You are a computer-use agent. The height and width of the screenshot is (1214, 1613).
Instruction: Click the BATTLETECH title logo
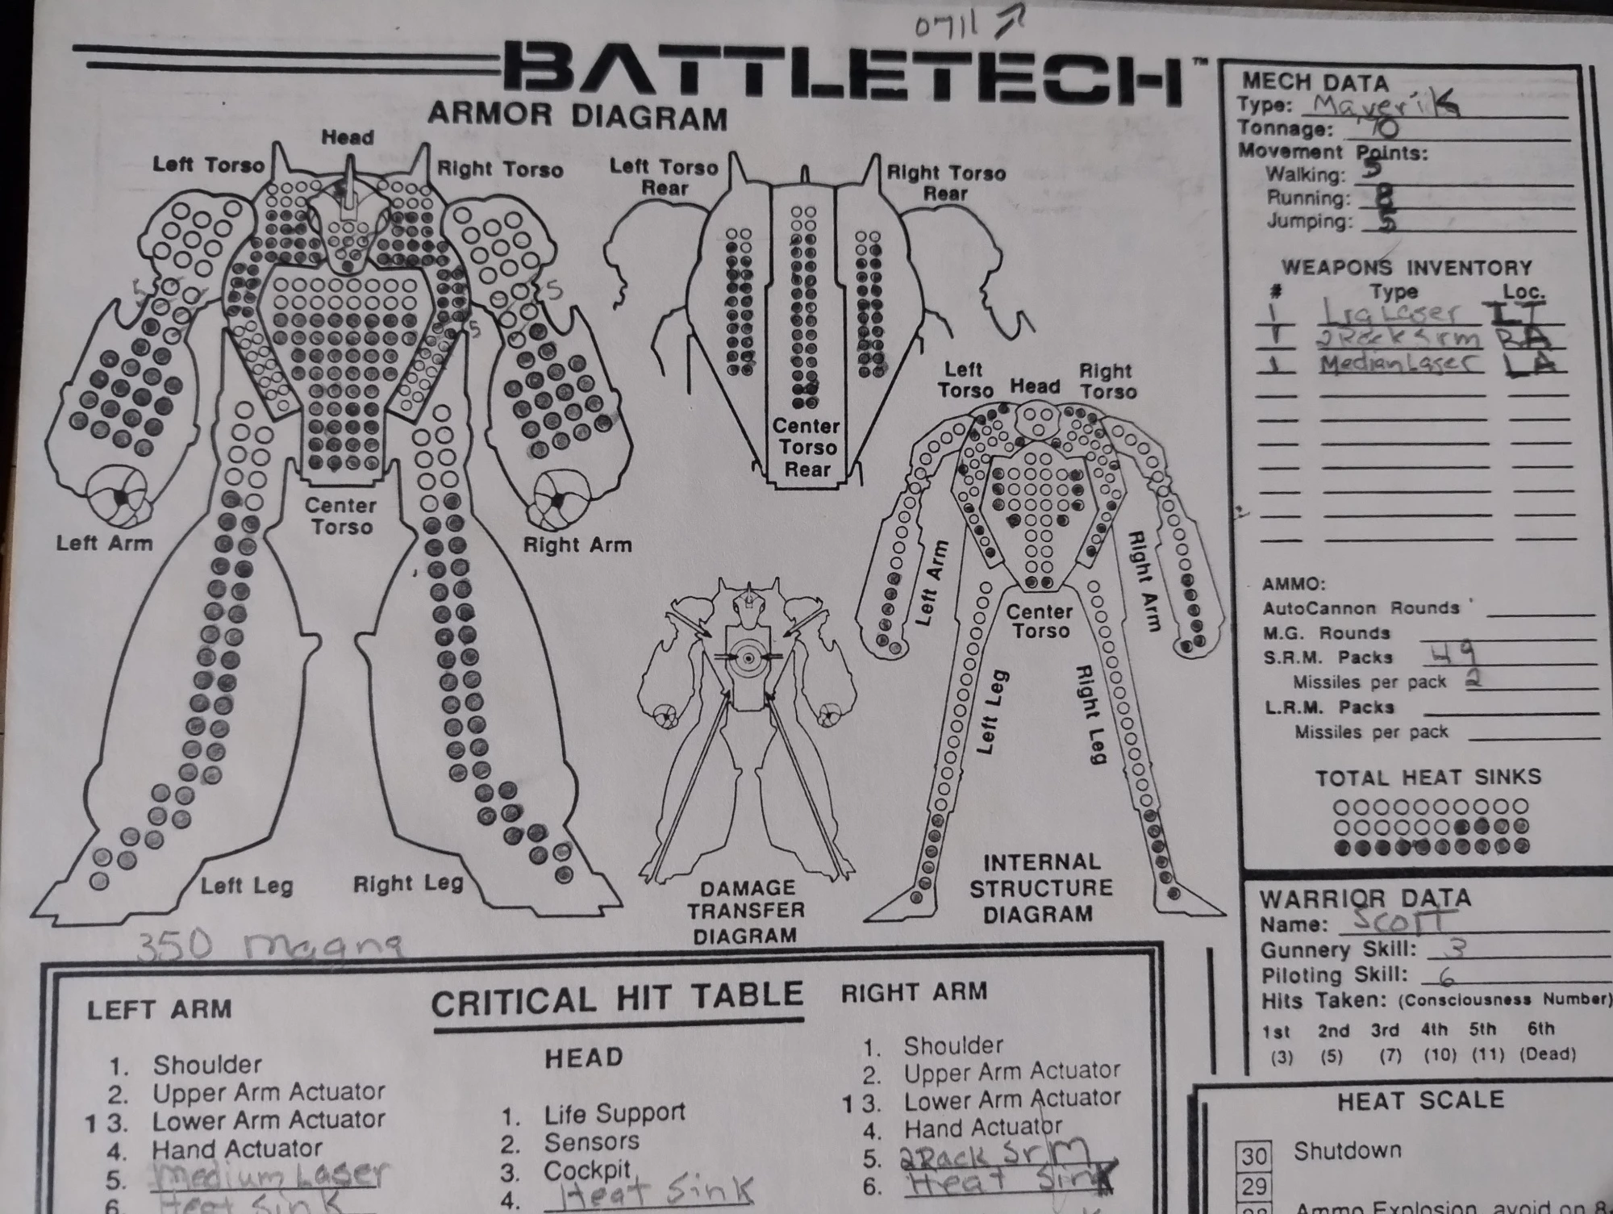(843, 77)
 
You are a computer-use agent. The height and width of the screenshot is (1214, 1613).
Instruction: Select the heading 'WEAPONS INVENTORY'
(1407, 268)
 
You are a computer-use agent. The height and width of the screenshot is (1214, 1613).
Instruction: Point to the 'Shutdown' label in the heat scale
(1347, 1150)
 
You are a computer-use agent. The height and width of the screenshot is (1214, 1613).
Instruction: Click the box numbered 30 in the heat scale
(1254, 1156)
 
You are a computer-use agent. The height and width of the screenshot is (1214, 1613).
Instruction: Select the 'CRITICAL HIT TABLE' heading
(617, 1000)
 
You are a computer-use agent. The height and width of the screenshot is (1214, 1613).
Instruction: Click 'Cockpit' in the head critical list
(586, 1170)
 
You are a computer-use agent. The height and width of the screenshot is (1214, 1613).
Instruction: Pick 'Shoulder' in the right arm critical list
(952, 1046)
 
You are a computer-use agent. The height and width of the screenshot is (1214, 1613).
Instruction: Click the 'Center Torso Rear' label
(806, 448)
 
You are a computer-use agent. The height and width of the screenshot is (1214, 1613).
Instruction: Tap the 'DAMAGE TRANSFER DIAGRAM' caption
(746, 912)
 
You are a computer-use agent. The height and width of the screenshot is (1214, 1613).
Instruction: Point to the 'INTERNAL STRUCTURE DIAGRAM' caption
(1040, 887)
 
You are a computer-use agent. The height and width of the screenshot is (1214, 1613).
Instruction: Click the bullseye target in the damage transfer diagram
(748, 659)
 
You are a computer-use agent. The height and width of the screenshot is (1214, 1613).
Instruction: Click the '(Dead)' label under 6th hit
(1547, 1054)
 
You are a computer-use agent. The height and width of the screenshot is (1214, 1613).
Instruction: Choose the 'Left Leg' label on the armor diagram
(246, 886)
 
